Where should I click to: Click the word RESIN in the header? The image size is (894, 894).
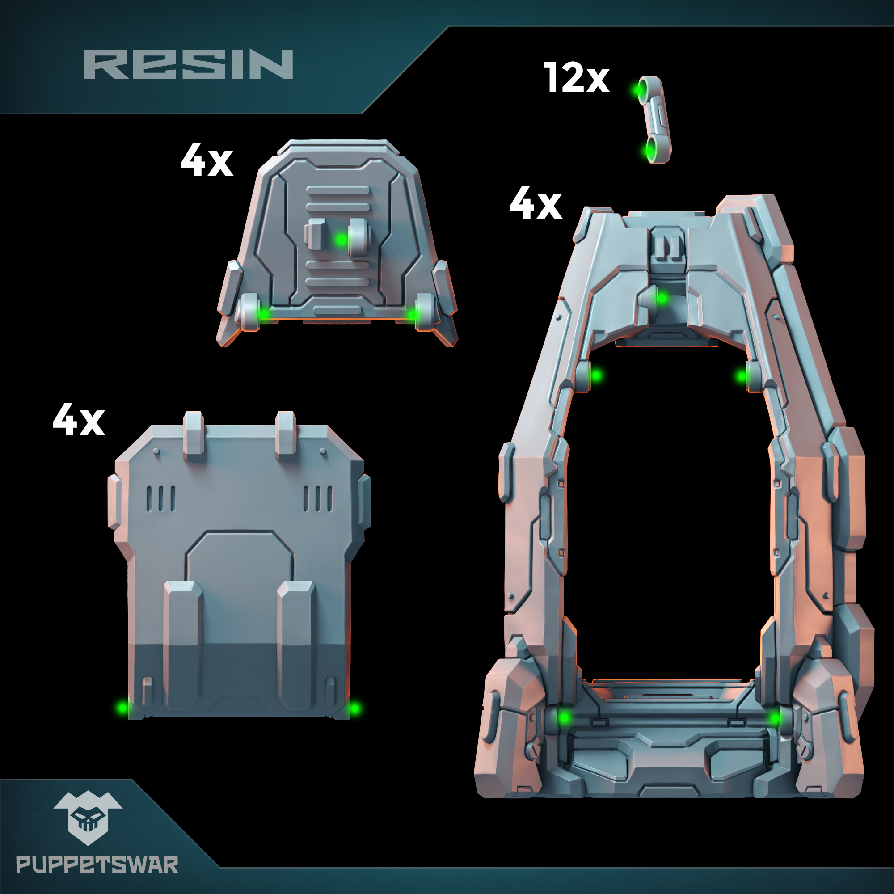pos(188,64)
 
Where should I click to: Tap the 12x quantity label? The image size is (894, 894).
pos(577,78)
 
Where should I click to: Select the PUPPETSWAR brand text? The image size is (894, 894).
pos(97,865)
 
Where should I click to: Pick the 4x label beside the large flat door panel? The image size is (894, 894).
pos(79,419)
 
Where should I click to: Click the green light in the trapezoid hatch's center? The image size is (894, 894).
pos(341,239)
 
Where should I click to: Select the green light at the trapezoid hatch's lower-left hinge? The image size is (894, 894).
pos(264,314)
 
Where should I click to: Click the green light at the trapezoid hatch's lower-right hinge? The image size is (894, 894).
pos(411,315)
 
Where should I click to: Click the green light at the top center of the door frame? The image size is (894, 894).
pos(662,299)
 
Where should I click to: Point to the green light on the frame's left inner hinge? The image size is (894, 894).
pos(596,375)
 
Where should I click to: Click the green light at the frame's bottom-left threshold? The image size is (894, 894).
pos(564,718)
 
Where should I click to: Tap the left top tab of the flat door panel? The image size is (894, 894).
pos(194,434)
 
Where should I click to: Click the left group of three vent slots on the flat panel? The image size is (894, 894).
pos(160,499)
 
